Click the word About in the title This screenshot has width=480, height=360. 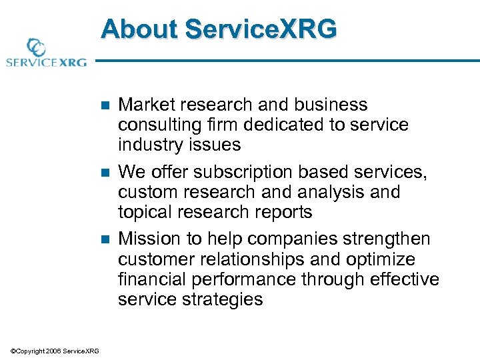pos(139,30)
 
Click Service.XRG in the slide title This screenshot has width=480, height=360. pos(261,30)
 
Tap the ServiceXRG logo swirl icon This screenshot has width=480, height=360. pos(35,48)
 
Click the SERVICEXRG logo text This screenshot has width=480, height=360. pos(45,63)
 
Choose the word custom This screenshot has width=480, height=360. pos(142,192)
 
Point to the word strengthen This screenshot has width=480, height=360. pos(387,239)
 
